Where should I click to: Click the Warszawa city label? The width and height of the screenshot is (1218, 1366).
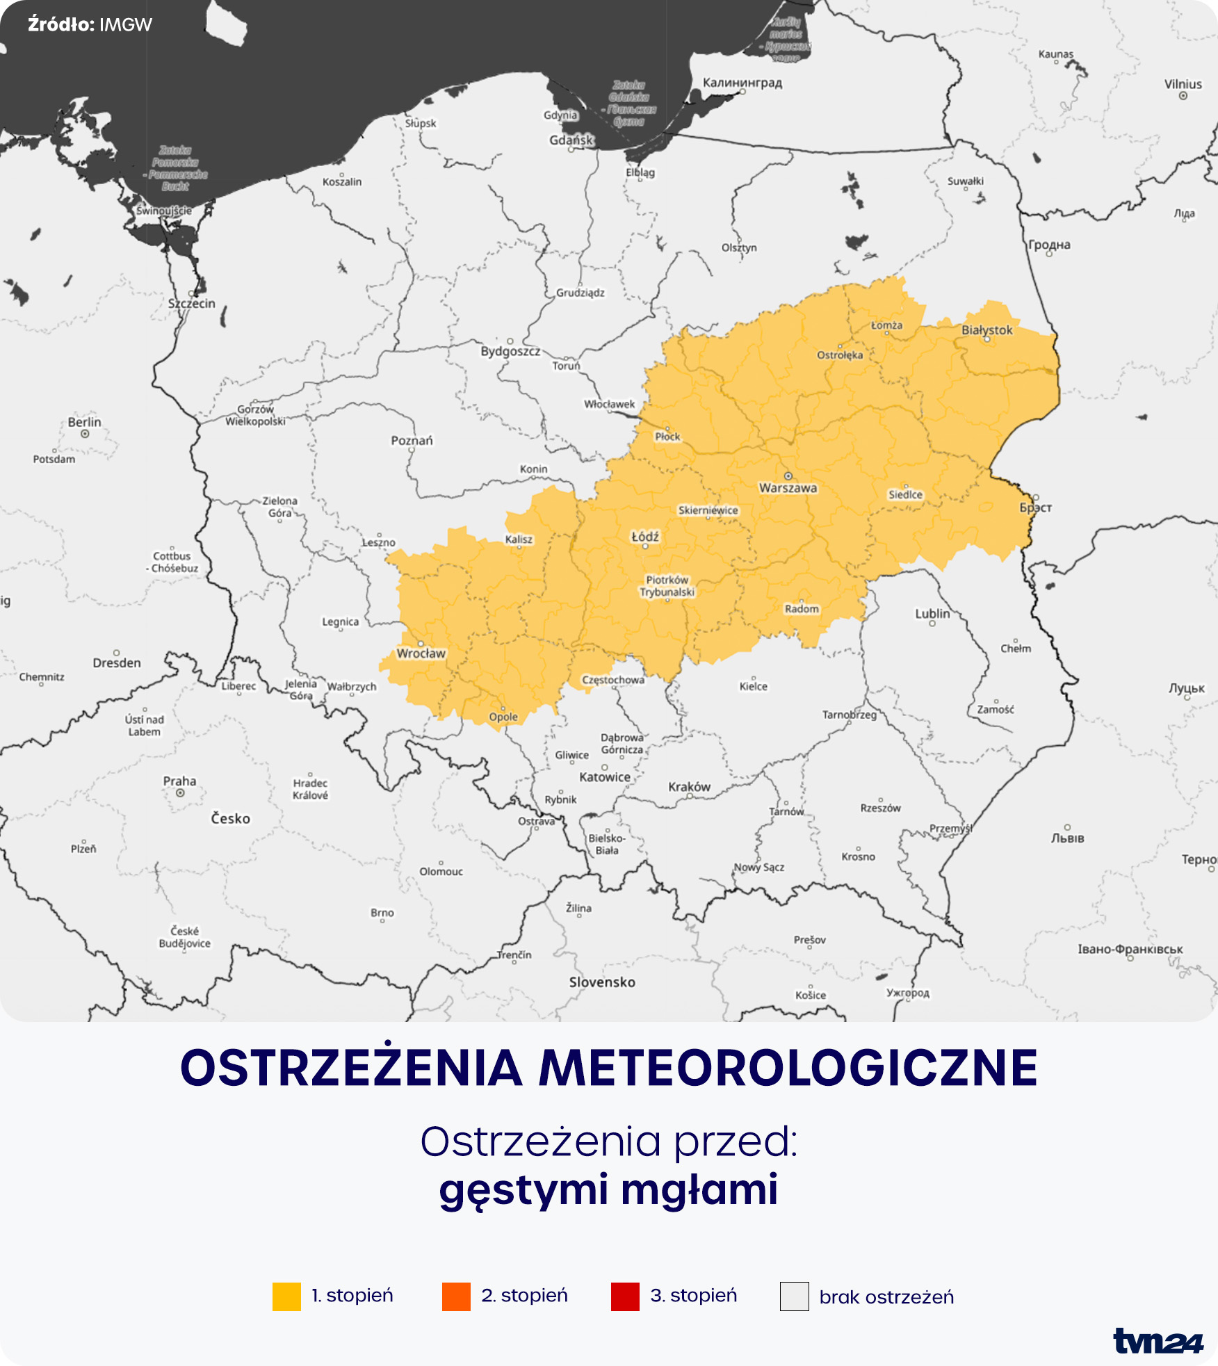pyautogui.click(x=788, y=488)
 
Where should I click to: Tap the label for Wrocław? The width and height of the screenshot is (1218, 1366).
pyautogui.click(x=421, y=653)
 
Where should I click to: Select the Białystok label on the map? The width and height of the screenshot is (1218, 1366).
pyautogui.click(x=987, y=330)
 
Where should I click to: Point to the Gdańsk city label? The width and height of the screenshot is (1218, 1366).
pyautogui.click(x=571, y=140)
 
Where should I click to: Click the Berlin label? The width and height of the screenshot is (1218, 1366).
pyautogui.click(x=84, y=422)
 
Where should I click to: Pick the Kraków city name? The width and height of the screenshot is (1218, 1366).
pyautogui.click(x=689, y=787)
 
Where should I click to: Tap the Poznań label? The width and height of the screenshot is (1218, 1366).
pyautogui.click(x=412, y=441)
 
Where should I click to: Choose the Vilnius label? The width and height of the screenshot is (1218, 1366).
pyautogui.click(x=1183, y=84)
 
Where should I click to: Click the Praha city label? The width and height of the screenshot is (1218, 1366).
pyautogui.click(x=179, y=781)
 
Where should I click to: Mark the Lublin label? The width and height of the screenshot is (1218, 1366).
pyautogui.click(x=932, y=614)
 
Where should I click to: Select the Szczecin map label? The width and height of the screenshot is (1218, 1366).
pyautogui.click(x=191, y=304)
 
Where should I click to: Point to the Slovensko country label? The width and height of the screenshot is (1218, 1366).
pyautogui.click(x=602, y=982)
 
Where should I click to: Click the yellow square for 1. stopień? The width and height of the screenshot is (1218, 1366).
pyautogui.click(x=286, y=1296)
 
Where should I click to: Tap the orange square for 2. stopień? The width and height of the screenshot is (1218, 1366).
pyautogui.click(x=456, y=1296)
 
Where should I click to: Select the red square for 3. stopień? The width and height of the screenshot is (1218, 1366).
pyautogui.click(x=625, y=1296)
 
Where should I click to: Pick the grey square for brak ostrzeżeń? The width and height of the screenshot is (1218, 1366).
pyautogui.click(x=794, y=1296)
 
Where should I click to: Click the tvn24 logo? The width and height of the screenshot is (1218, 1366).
pyautogui.click(x=1158, y=1341)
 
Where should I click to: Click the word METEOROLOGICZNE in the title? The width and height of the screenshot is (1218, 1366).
pyautogui.click(x=788, y=1068)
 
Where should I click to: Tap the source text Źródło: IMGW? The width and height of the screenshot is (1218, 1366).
pyautogui.click(x=90, y=25)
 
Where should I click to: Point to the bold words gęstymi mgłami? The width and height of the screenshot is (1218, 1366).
pyautogui.click(x=608, y=1189)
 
